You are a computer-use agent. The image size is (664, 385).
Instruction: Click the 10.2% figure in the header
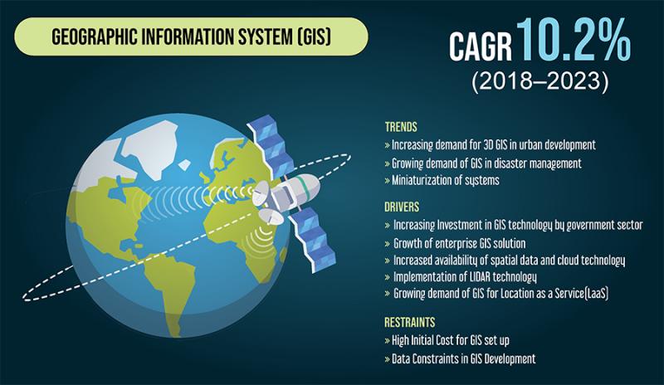coord(574,39)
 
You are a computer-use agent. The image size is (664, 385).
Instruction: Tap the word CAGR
coord(481,46)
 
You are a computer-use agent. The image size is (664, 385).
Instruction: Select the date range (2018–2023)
coord(540,80)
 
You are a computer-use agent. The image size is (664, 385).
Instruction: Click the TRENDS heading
coord(401,127)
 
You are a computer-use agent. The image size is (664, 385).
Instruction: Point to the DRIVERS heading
coord(402,207)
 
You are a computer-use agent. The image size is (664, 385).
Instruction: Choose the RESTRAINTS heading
coord(410,322)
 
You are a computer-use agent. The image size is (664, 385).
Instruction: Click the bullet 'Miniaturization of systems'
coord(442,180)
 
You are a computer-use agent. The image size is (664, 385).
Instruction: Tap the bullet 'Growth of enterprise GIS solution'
coord(455,244)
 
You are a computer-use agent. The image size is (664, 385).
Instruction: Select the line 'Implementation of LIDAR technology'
coord(461,277)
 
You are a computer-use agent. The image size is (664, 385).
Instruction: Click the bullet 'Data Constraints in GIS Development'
coord(461,359)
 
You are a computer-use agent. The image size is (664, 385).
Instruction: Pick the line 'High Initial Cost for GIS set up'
coord(447,340)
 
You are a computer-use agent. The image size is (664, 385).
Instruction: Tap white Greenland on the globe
coord(149,148)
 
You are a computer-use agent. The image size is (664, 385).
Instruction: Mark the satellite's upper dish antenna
coord(261,193)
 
